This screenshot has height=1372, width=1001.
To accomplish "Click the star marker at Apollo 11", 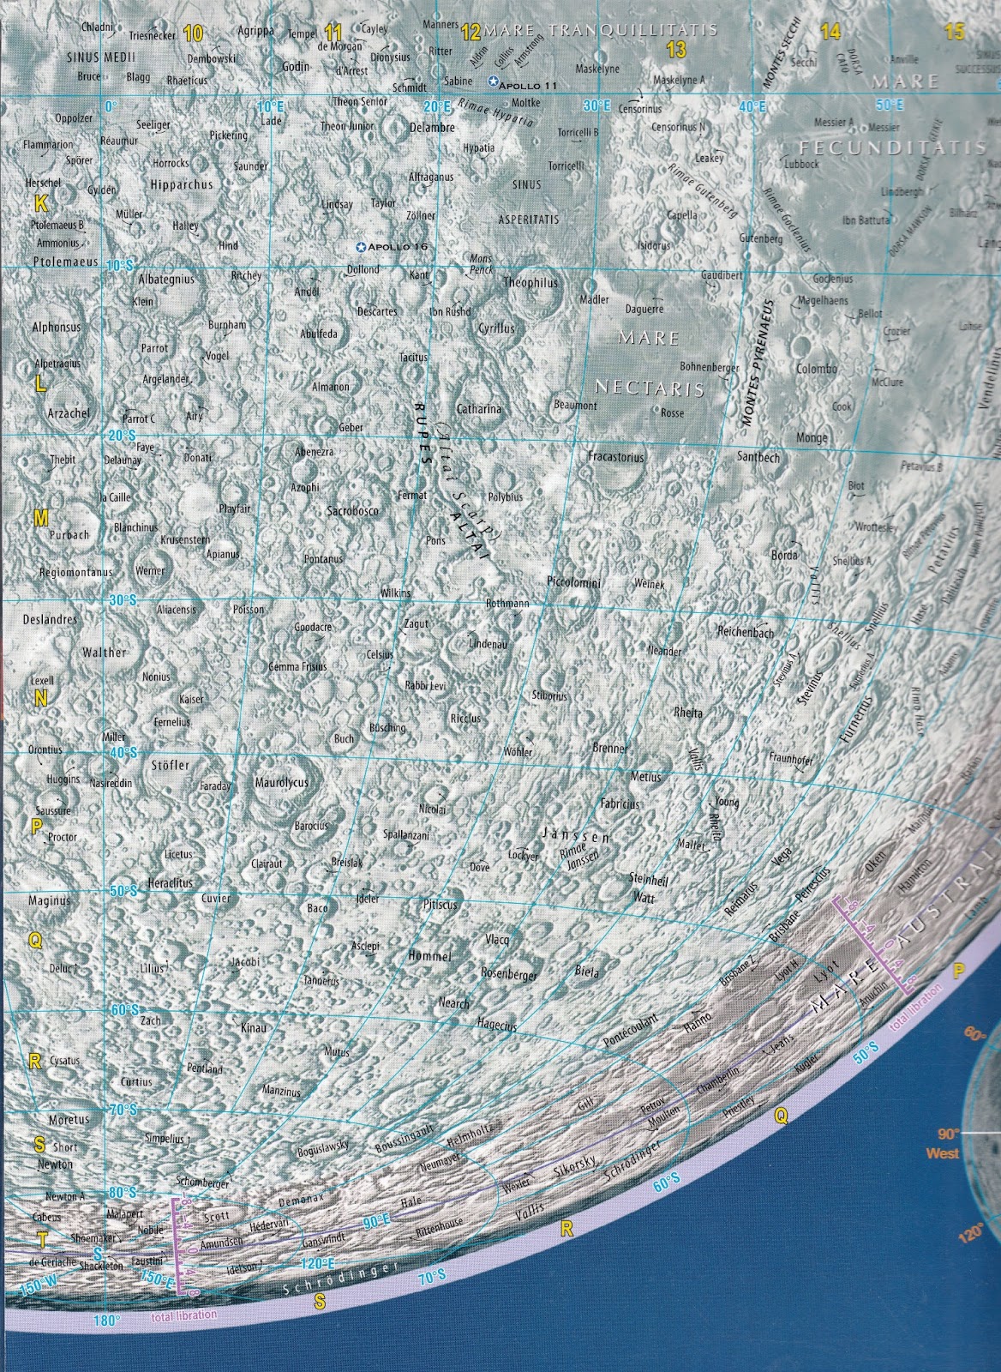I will pyautogui.click(x=492, y=81).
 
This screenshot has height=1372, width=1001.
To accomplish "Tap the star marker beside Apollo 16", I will pyautogui.click(x=361, y=247).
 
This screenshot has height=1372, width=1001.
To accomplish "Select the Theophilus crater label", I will pyautogui.click(x=530, y=282).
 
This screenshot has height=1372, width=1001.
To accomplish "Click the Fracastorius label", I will pyautogui.click(x=615, y=457).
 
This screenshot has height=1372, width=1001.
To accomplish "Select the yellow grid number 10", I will pyautogui.click(x=193, y=33).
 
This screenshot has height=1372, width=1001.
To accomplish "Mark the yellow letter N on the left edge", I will pyautogui.click(x=39, y=699).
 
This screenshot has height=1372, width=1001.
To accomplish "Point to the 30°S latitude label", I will pyautogui.click(x=123, y=602).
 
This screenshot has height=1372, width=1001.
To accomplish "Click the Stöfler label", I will pyautogui.click(x=170, y=764).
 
